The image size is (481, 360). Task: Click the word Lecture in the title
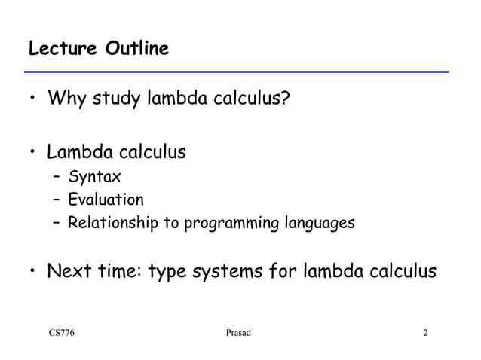[58, 50]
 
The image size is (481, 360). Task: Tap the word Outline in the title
[132, 50]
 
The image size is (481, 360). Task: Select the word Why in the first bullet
[66, 99]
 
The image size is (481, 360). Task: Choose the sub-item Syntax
[94, 178]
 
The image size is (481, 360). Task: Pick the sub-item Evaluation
[106, 200]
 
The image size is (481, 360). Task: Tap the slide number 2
[426, 333]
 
